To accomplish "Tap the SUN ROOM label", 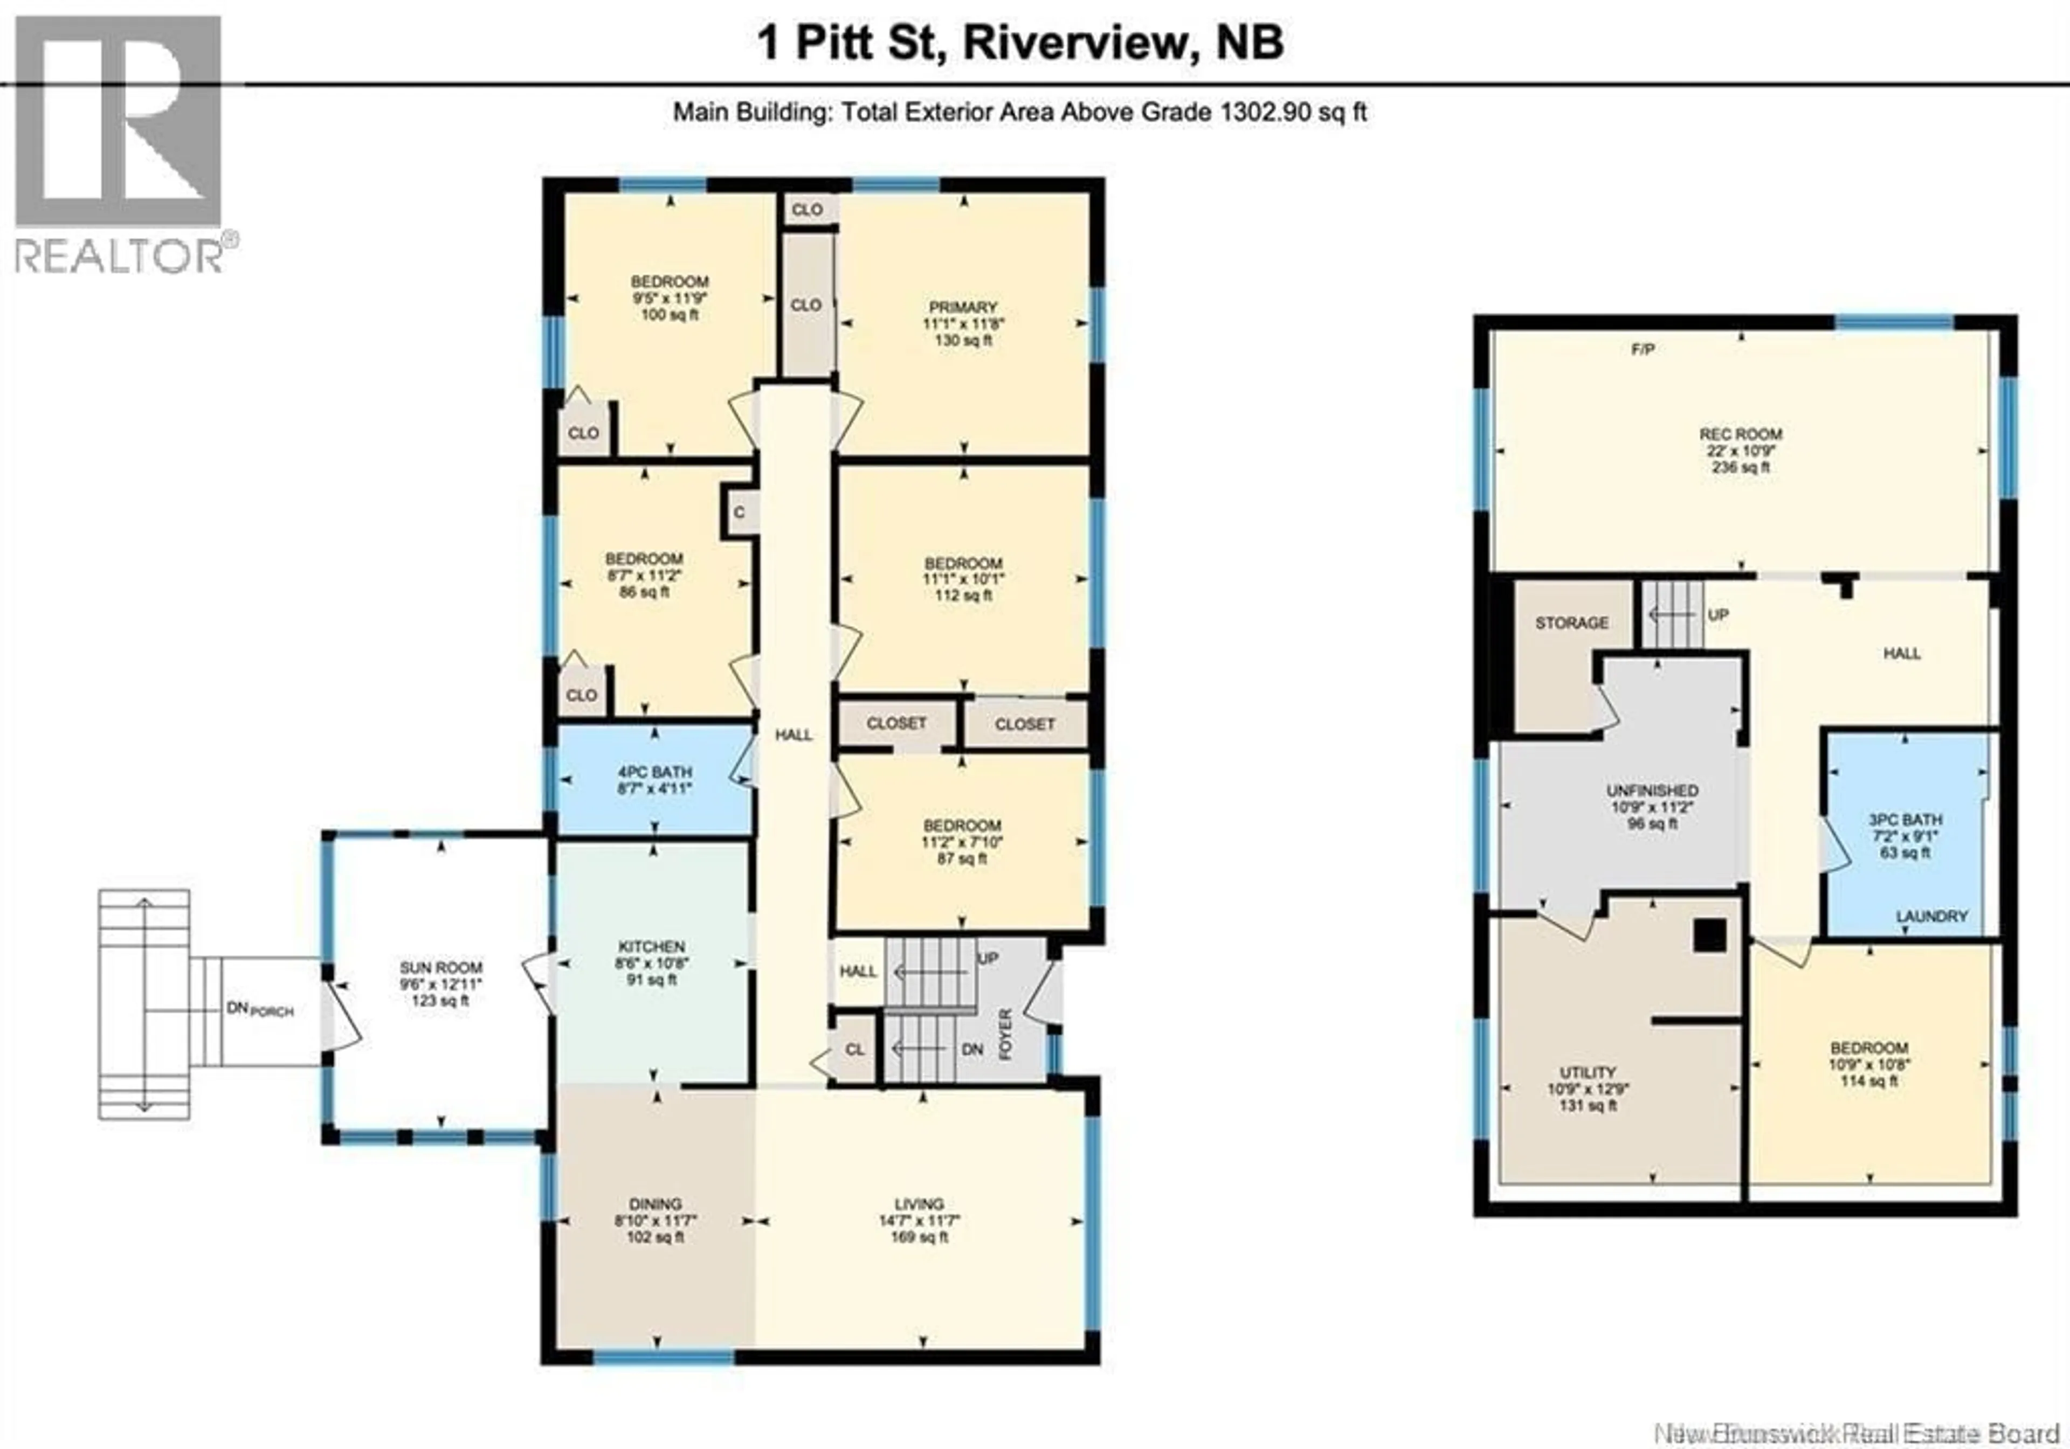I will [x=441, y=967].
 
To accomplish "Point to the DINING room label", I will [x=655, y=1204].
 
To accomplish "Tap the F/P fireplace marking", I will [x=1643, y=350].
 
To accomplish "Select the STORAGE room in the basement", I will [x=1571, y=623].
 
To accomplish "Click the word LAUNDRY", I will [x=1931, y=917].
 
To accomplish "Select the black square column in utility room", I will [x=1709, y=935].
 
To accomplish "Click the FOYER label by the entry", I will [x=1006, y=1035].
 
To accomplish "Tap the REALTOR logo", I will [x=120, y=144].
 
